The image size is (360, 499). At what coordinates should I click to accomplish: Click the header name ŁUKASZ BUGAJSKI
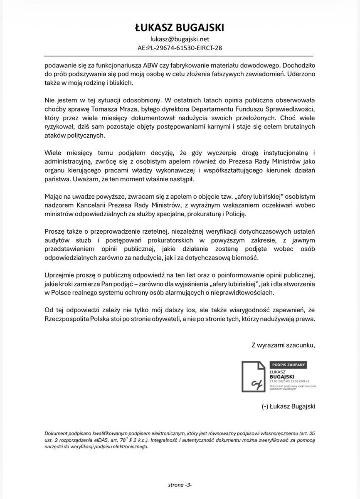point(180,27)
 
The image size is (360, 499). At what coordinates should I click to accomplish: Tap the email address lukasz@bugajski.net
point(180,39)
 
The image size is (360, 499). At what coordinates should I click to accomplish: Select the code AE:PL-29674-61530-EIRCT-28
point(180,48)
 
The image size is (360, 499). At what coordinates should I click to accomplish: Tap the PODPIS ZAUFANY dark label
point(288,365)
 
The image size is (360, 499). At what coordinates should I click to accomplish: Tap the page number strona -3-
point(179,485)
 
